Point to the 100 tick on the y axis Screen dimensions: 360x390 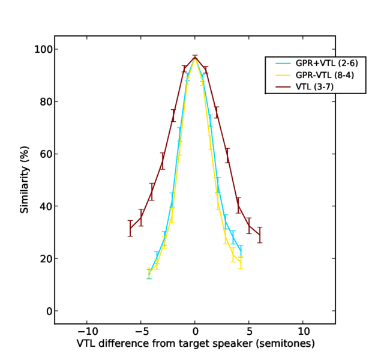tap(42, 49)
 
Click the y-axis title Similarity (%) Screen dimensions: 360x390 tap(25, 180)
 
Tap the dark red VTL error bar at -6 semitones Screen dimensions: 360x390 tap(130, 228)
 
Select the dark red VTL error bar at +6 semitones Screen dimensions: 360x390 tap(260, 235)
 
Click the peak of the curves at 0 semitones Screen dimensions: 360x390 tap(195, 58)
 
